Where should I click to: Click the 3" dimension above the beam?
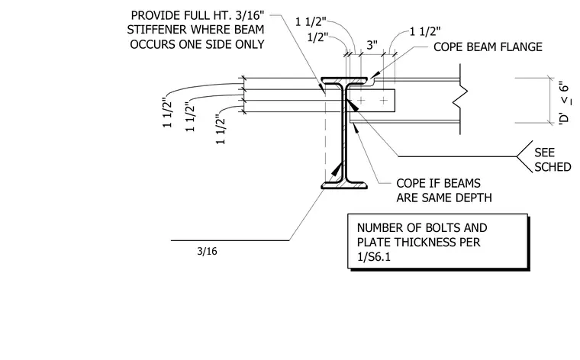click(x=372, y=45)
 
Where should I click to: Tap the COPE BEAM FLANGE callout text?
click(x=488, y=47)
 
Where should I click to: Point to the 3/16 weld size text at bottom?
click(x=207, y=252)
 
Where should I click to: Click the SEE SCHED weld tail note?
click(x=553, y=159)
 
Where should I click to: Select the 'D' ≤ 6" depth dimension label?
click(x=564, y=103)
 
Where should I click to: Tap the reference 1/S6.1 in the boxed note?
click(x=374, y=256)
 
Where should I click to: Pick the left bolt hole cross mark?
click(x=361, y=100)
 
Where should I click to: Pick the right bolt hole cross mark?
click(x=384, y=100)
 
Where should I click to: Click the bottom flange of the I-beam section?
click(x=344, y=185)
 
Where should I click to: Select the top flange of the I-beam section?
click(x=344, y=81)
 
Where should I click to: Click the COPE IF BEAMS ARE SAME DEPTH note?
click(x=444, y=191)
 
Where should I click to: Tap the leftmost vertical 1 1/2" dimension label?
click(x=168, y=113)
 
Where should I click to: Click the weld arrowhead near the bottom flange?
click(x=337, y=169)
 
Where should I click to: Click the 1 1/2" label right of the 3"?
click(x=425, y=32)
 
